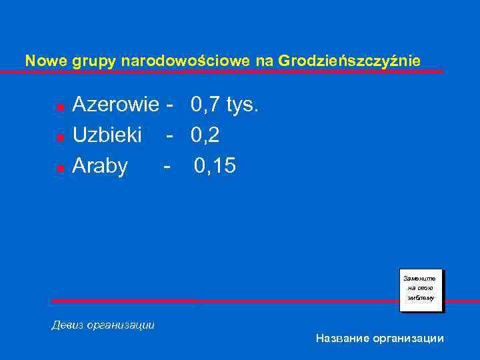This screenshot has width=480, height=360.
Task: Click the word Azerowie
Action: tap(116, 105)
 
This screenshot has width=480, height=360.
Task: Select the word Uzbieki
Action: tap(107, 135)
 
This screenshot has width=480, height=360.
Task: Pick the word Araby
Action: tap(100, 166)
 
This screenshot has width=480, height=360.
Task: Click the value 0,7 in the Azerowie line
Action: tap(206, 105)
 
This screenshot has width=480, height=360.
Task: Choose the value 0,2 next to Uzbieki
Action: tap(205, 135)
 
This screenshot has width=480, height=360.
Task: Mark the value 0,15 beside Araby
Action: tap(215, 166)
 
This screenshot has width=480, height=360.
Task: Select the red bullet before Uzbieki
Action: tap(59, 137)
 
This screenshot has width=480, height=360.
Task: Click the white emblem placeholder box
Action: tap(421, 290)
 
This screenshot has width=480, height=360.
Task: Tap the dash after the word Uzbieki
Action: tap(170, 135)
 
